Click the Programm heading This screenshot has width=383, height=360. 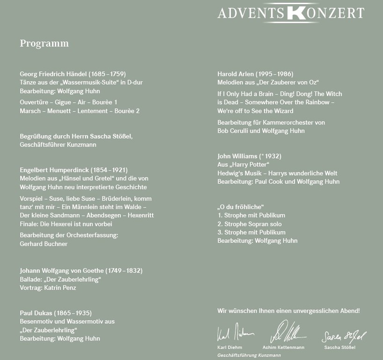[44, 44]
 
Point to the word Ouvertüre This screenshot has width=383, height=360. [34, 102]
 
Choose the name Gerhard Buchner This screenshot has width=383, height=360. [44, 244]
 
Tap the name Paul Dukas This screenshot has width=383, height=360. [36, 313]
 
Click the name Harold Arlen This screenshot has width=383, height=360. [236, 74]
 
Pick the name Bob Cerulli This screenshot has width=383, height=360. [234, 131]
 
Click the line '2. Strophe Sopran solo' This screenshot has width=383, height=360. [250, 224]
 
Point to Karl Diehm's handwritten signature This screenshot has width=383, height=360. [235, 333]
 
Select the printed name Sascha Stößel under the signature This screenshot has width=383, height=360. [339, 347]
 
